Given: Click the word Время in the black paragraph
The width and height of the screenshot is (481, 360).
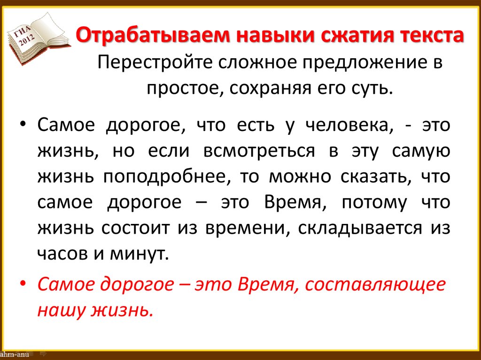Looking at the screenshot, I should coord(288,202).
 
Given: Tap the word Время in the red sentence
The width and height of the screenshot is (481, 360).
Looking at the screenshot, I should coord(264,285).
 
